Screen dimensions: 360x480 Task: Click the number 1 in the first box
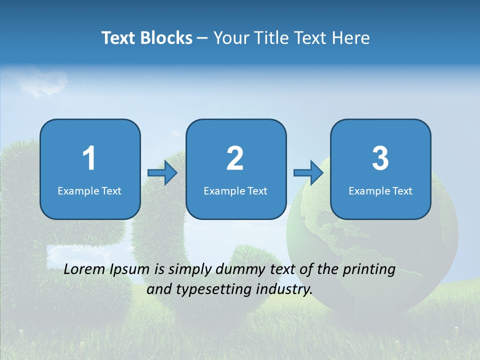(x=89, y=158)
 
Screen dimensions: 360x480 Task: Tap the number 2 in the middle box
(x=235, y=158)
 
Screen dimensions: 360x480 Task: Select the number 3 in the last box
(x=380, y=158)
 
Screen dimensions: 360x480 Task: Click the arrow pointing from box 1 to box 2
(x=162, y=173)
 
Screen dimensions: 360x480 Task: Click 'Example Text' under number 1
(x=89, y=190)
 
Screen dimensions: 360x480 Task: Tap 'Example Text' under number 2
(x=235, y=190)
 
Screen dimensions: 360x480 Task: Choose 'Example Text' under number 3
(x=380, y=190)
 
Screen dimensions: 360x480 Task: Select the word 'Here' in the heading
(x=352, y=38)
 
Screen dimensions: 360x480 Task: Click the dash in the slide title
(x=202, y=38)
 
